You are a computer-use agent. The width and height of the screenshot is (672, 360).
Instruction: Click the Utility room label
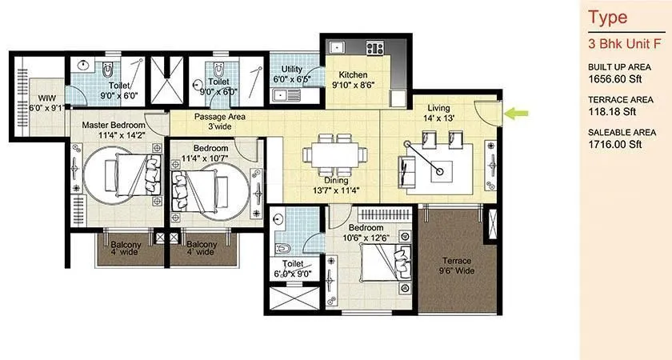291,74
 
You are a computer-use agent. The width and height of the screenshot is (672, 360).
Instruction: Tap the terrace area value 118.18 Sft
611,112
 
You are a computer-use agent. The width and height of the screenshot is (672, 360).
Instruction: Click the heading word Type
606,17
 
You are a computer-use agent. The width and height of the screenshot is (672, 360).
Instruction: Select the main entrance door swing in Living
486,113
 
